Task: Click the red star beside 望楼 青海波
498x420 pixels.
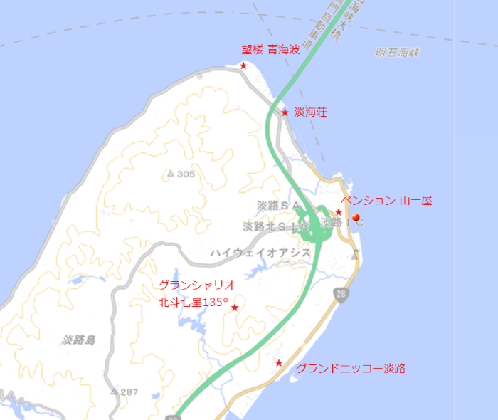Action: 243,65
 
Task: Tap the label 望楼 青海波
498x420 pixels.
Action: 270,50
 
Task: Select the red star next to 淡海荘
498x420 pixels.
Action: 285,112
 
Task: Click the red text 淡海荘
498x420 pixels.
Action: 311,112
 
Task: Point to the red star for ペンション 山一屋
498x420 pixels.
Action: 339,212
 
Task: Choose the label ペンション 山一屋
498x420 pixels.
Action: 386,201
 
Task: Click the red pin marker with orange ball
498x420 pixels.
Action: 356,218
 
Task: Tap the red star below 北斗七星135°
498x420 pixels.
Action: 235,308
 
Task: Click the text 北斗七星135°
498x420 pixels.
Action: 193,303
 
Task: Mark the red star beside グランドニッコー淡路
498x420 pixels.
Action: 279,363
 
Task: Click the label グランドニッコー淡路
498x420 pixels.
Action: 351,368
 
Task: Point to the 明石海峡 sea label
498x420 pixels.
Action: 398,52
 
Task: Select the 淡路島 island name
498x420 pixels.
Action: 78,340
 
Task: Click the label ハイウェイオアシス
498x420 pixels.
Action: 260,253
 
